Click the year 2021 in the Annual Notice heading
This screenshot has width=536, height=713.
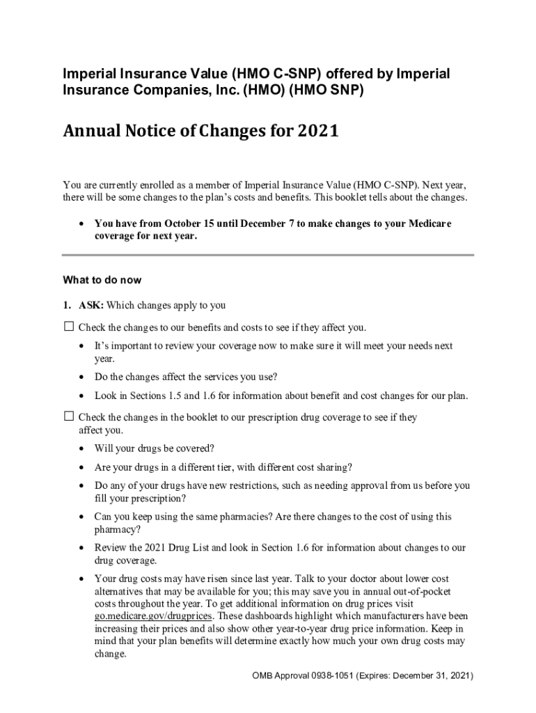click(x=318, y=132)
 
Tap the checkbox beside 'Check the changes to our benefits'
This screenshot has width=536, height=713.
click(x=68, y=327)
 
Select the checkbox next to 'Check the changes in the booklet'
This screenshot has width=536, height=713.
click(x=68, y=416)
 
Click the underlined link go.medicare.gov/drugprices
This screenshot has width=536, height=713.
click(x=154, y=616)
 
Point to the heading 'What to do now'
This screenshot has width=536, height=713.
click(x=102, y=280)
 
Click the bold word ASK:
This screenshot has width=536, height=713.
click(x=90, y=305)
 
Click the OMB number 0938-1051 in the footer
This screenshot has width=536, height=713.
click(x=323, y=676)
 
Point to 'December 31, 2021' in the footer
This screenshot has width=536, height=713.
click(x=430, y=676)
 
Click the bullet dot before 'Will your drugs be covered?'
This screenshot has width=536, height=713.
click(x=83, y=449)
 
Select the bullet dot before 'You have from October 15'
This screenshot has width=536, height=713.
click(x=83, y=224)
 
